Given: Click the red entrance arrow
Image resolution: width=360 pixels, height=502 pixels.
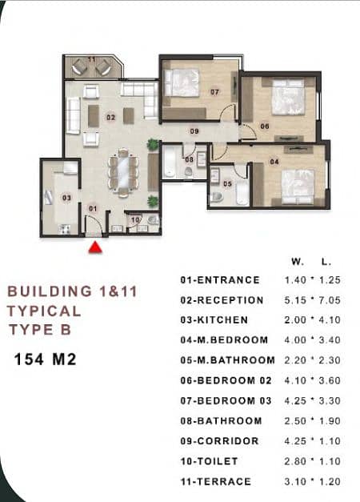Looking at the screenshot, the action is pyautogui.click(x=95, y=247).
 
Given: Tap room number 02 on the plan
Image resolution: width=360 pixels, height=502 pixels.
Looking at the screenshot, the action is pyautogui.click(x=110, y=118).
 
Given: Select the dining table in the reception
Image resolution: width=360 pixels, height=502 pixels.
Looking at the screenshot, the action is pyautogui.click(x=123, y=171).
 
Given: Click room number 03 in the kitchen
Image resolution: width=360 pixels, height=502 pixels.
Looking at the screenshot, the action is pyautogui.click(x=66, y=198).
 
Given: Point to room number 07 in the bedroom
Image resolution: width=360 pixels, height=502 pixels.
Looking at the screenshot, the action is pyautogui.click(x=214, y=92).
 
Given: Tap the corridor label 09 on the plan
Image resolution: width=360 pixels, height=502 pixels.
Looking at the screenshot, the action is pyautogui.click(x=194, y=131).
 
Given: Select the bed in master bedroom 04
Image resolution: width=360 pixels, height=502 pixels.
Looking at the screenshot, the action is pyautogui.click(x=298, y=187).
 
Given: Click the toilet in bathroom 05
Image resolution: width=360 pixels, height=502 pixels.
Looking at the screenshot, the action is pyautogui.click(x=217, y=197).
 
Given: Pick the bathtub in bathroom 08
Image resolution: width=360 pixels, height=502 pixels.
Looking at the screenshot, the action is pyautogui.click(x=169, y=162).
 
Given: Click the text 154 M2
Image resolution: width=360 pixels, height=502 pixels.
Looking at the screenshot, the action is pyautogui.click(x=45, y=359).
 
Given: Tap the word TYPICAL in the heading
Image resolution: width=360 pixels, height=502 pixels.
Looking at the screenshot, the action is pyautogui.click(x=44, y=311).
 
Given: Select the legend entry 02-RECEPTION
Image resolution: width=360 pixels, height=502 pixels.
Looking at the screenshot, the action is pyautogui.click(x=222, y=300).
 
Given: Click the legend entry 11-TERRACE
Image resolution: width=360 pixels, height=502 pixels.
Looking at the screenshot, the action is pyautogui.click(x=216, y=481).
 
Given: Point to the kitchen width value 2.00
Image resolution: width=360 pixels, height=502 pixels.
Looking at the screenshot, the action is pyautogui.click(x=295, y=319).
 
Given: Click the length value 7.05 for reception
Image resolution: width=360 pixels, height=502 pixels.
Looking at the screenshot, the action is pyautogui.click(x=330, y=300).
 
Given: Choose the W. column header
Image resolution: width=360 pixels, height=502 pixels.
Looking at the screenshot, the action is pyautogui.click(x=298, y=262).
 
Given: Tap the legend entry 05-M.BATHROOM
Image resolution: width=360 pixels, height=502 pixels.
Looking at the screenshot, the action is pyautogui.click(x=227, y=360).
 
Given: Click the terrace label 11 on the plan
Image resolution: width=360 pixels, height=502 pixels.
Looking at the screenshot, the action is pyautogui.click(x=91, y=59).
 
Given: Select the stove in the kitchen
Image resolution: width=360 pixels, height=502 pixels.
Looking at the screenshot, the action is pyautogui.click(x=64, y=229).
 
